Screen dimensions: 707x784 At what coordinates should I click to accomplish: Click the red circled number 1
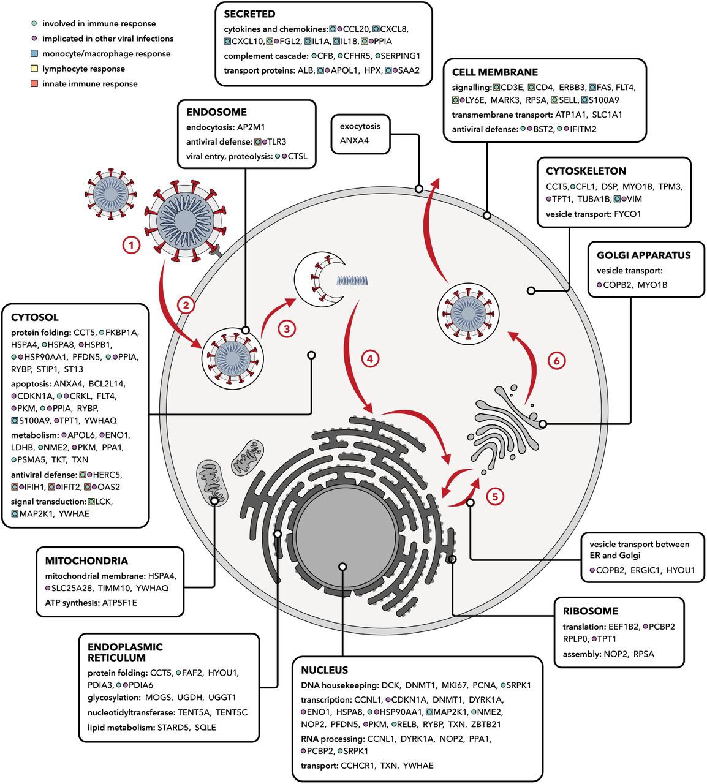point(131,246)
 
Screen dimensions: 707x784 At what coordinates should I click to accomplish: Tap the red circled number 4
point(370,358)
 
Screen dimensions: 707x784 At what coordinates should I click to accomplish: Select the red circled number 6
point(556,361)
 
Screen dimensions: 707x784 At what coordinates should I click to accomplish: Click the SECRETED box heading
point(249,14)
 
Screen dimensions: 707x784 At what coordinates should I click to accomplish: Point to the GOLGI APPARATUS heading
point(644,255)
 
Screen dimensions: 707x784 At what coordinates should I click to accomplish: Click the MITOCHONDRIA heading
point(86,561)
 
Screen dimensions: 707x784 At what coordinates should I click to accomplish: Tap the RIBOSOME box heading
point(591,611)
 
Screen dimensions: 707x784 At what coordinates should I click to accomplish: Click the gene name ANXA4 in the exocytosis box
point(354,140)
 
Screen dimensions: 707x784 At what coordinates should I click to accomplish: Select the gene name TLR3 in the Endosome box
point(277,141)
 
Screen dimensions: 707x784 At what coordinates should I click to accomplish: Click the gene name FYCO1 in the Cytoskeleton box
point(627,214)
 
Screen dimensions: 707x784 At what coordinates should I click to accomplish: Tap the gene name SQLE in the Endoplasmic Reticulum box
point(205,727)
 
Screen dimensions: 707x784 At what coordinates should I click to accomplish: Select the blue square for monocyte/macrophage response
point(34,53)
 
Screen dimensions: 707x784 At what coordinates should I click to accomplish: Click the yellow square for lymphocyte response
point(34,69)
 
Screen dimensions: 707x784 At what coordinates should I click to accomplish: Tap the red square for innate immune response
point(34,84)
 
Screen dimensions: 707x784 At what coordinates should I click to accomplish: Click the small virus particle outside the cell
point(111,194)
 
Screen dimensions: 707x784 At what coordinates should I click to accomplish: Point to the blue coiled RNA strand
point(352,281)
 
